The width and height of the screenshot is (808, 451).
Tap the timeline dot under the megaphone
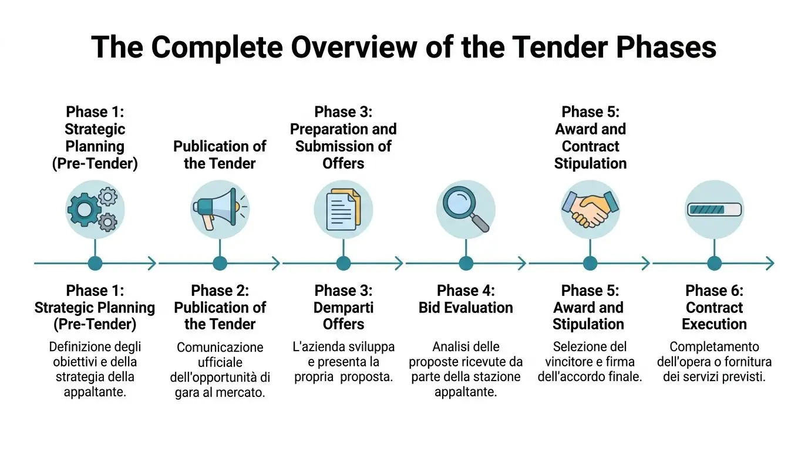(x=220, y=263)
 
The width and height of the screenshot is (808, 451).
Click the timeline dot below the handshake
(x=590, y=263)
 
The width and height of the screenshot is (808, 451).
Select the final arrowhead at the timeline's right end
(x=769, y=263)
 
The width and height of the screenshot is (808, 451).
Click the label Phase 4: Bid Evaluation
(x=466, y=299)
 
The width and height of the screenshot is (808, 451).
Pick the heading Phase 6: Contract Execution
(x=714, y=307)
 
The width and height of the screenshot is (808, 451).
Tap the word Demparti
(x=344, y=308)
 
